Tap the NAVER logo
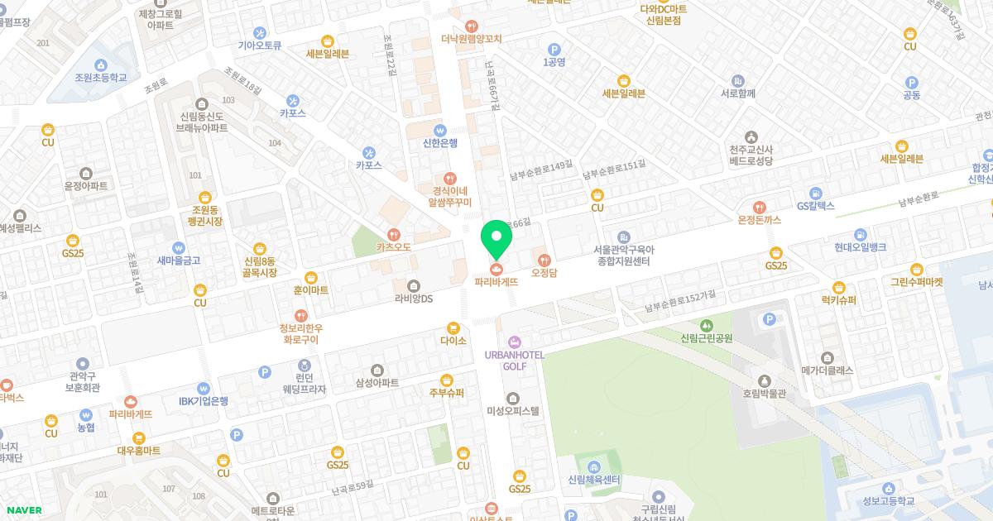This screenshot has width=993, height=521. pos(23,510)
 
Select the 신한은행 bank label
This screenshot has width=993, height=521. pos(439,143)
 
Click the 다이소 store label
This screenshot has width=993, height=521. pos(453,341)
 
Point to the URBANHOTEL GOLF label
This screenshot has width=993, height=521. pos(514,360)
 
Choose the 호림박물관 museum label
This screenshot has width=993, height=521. pos(763,394)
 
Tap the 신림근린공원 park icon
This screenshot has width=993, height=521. pos(706,325)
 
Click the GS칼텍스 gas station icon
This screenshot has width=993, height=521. pos(816,192)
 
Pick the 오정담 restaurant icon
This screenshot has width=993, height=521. pos(544,259)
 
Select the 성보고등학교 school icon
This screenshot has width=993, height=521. pos(888,488)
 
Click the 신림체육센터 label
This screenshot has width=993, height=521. pos(594,480)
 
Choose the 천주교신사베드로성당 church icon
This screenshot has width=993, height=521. pos(751,136)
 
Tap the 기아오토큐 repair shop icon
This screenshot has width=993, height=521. pos(260,32)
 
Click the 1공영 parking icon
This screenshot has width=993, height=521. pos(554,49)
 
